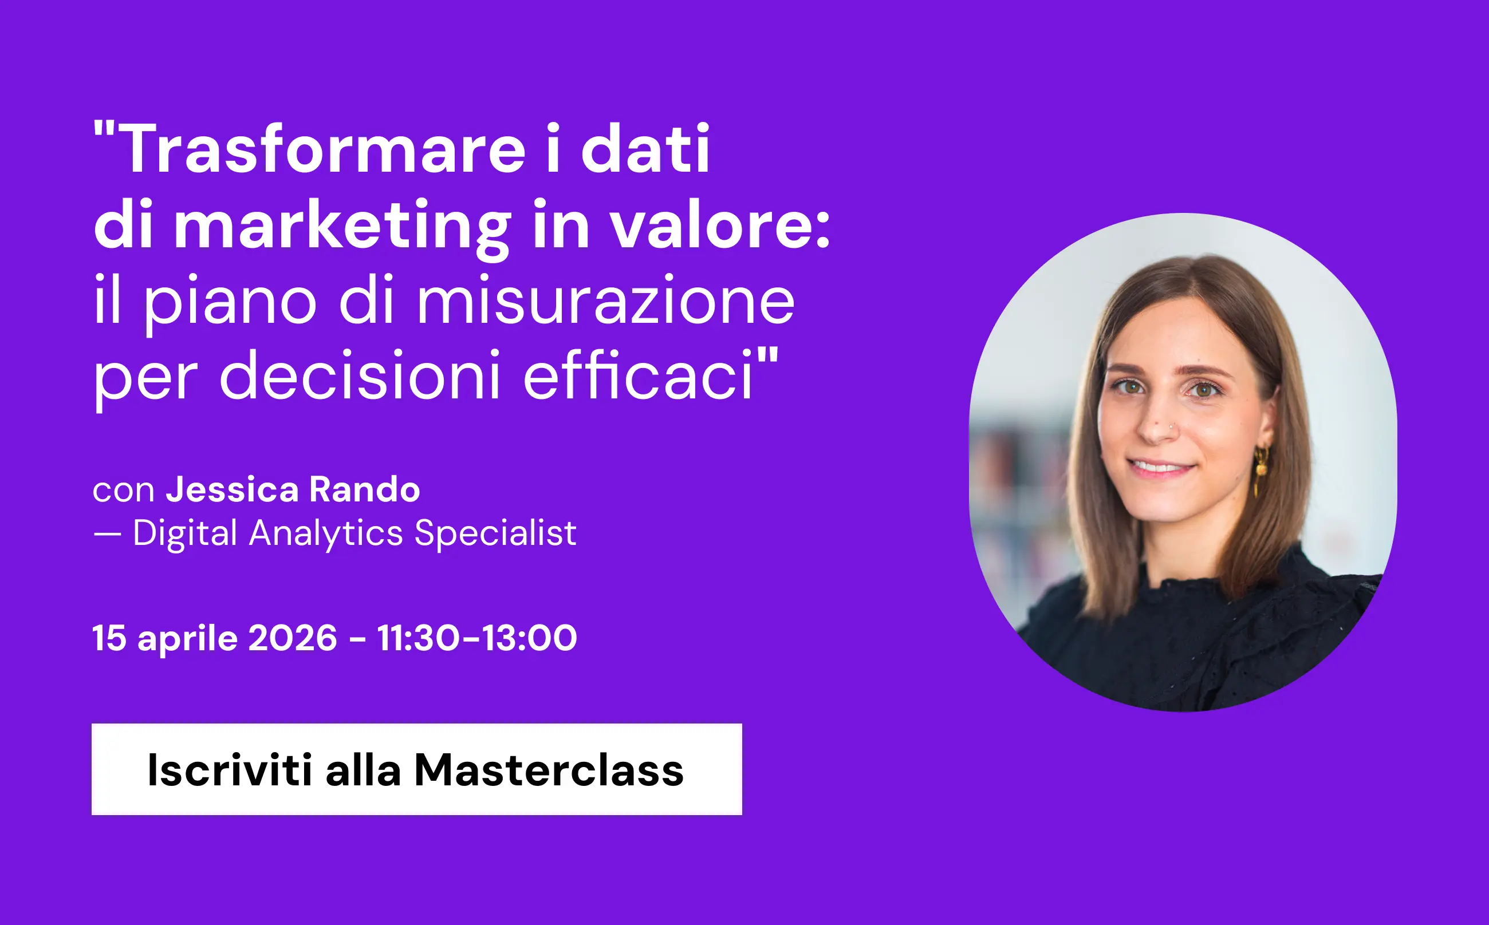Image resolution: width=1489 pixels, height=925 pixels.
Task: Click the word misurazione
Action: click(606, 301)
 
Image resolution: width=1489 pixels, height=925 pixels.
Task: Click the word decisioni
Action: click(360, 375)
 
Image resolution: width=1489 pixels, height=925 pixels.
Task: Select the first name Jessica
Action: click(232, 489)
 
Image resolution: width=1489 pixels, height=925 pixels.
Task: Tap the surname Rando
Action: click(365, 489)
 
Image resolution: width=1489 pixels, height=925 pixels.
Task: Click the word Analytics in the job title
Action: click(326, 532)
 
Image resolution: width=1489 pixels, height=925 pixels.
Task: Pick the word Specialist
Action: click(495, 532)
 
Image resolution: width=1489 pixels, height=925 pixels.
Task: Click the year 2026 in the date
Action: click(293, 638)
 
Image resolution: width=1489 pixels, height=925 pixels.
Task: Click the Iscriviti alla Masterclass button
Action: click(416, 769)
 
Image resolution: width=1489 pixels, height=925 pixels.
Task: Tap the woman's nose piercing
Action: click(1171, 426)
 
